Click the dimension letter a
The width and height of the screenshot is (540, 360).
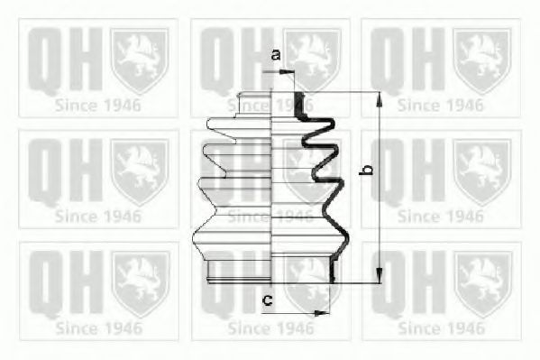pyautogui.click(x=277, y=55)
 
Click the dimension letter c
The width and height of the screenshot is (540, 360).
pyautogui.click(x=268, y=300)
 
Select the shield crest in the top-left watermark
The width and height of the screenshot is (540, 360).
pyautogui.click(x=139, y=60)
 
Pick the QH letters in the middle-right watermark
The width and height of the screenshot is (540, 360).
pyautogui.click(x=407, y=171)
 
